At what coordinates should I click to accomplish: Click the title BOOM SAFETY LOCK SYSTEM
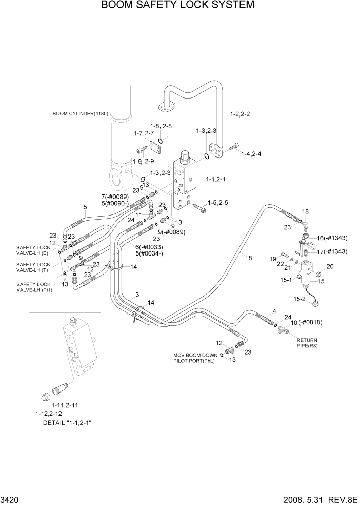point(178,6)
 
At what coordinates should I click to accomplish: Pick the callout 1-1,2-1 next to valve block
point(217,180)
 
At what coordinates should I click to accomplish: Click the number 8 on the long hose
point(250,258)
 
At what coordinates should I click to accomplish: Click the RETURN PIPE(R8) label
point(307,343)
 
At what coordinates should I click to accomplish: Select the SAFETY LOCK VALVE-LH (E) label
point(33,250)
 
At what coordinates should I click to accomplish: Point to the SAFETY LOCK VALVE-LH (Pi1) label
point(33,287)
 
